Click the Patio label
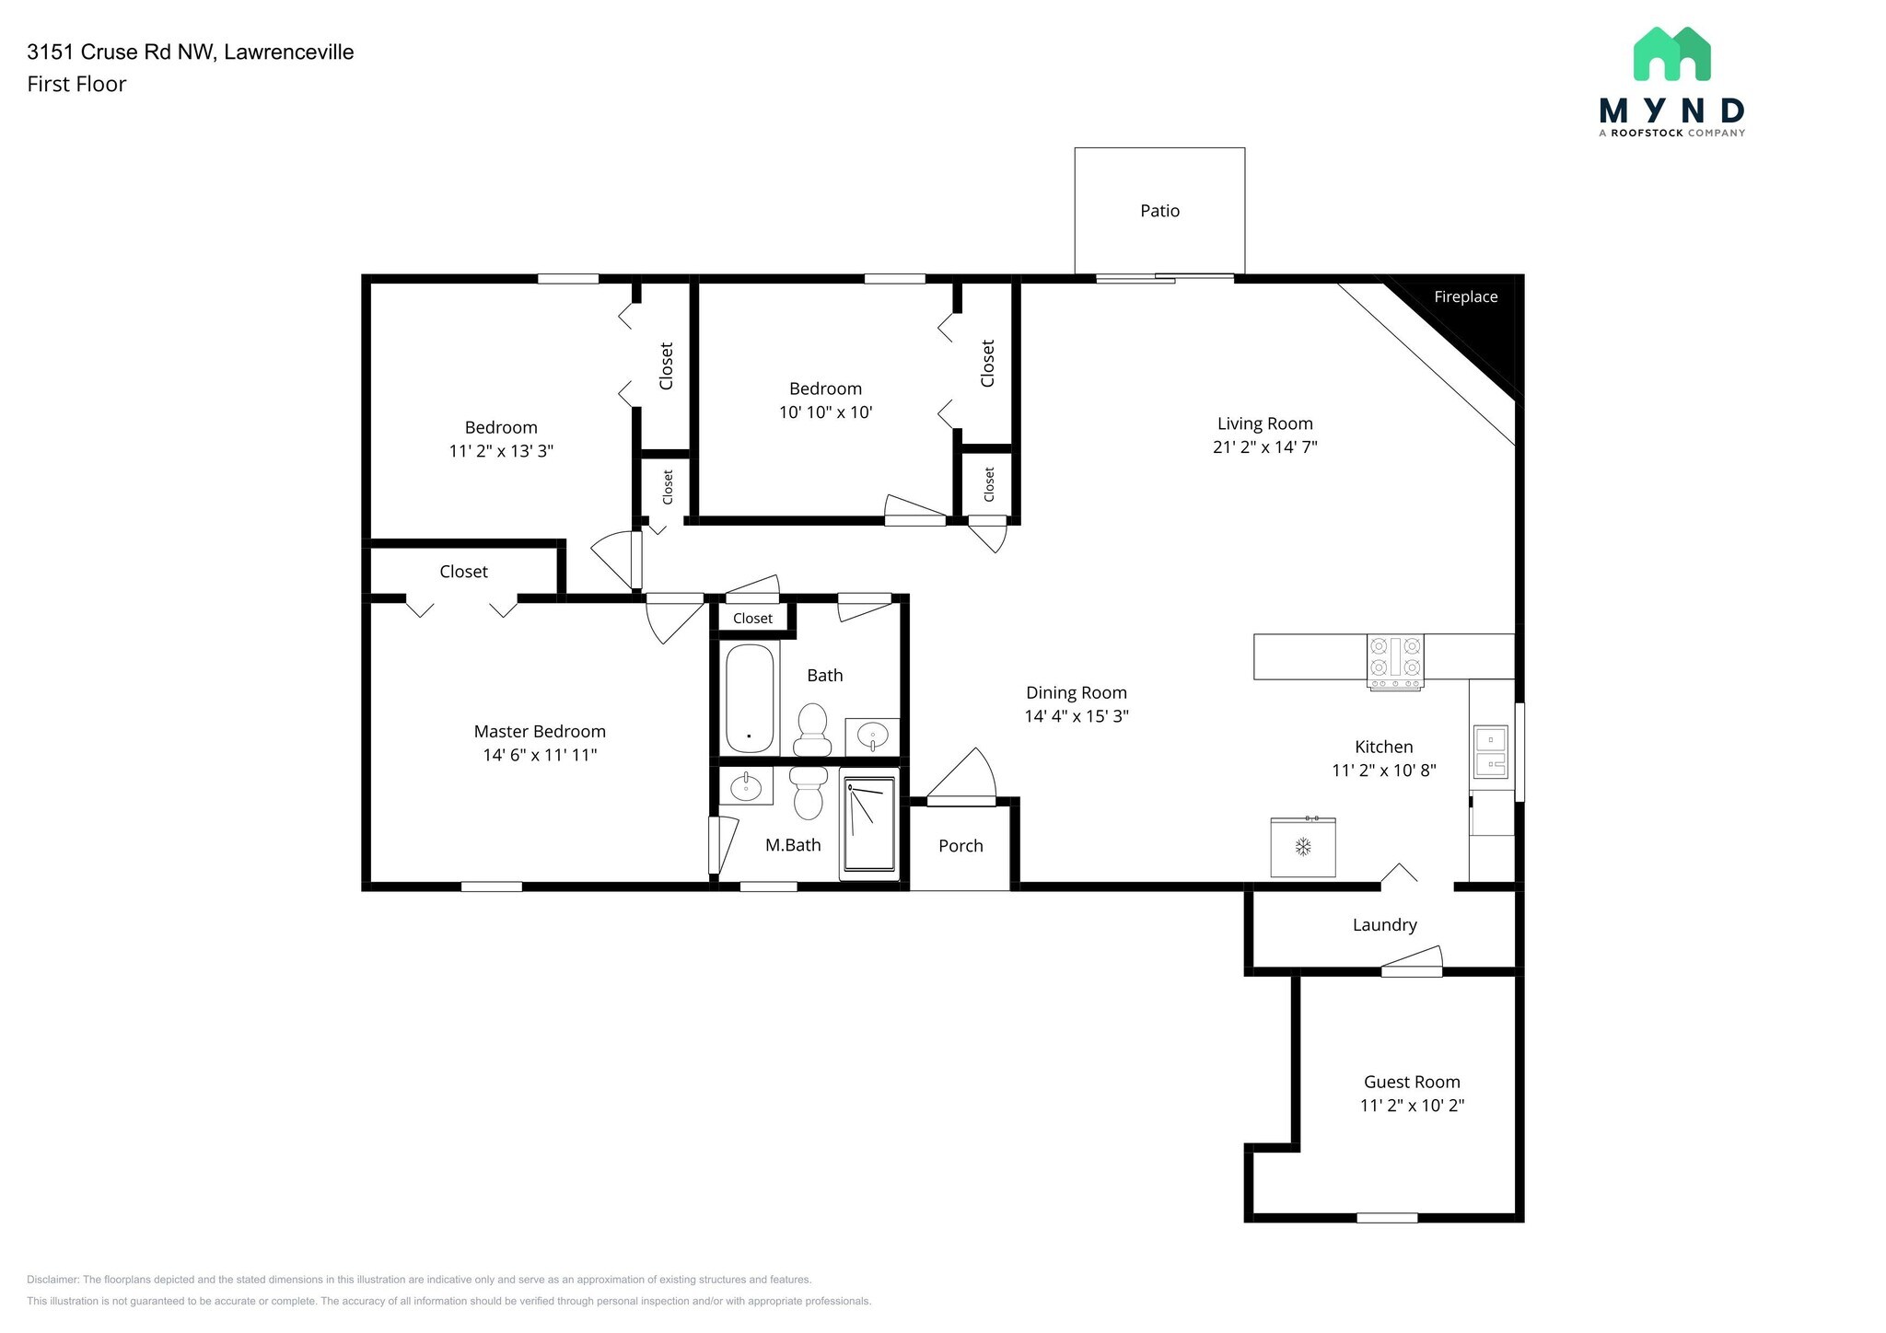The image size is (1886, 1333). [x=1159, y=211]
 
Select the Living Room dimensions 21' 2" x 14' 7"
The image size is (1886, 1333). [x=1264, y=447]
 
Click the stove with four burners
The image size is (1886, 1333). [x=1395, y=661]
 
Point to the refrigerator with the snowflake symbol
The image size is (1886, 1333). [x=1303, y=847]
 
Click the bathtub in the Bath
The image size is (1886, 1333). [x=750, y=698]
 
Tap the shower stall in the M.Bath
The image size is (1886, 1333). [x=868, y=825]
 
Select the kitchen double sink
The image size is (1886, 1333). [x=1490, y=752]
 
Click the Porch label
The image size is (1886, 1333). [x=960, y=846]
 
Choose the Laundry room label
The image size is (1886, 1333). [x=1384, y=925]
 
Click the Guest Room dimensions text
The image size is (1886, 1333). [x=1412, y=1106]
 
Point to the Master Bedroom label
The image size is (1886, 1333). [x=540, y=732]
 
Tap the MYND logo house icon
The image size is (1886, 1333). [x=1671, y=53]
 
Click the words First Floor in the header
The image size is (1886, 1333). [x=76, y=85]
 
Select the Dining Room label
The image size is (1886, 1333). [x=1077, y=693]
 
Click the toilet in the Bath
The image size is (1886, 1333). [x=812, y=729]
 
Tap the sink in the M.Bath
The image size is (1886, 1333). [x=745, y=787]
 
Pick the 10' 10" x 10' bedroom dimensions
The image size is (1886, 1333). [x=825, y=412]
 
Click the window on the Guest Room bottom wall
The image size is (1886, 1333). [x=1387, y=1218]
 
